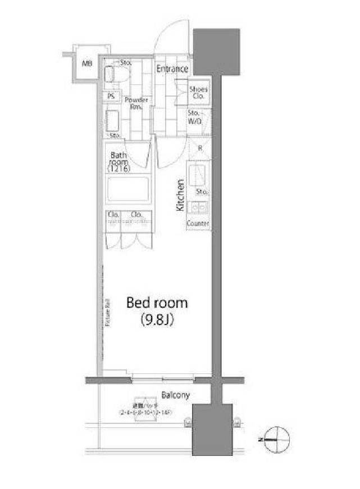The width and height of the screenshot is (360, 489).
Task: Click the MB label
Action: pyautogui.click(x=86, y=63)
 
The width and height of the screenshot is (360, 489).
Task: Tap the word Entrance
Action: pyautogui.click(x=172, y=69)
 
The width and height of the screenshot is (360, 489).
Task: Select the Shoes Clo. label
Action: pyautogui.click(x=198, y=93)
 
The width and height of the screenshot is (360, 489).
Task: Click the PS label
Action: pyautogui.click(x=111, y=97)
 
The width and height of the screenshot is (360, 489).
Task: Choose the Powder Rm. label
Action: pyautogui.click(x=136, y=103)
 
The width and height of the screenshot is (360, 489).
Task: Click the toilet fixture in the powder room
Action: pyautogui.click(x=116, y=74)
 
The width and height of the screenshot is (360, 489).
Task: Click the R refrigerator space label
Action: pyautogui.click(x=200, y=148)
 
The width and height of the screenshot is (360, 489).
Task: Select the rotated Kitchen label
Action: pyautogui.click(x=180, y=195)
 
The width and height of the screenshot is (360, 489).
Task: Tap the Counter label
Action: pyautogui.click(x=198, y=223)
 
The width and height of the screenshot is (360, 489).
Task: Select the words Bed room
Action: pyautogui.click(x=157, y=303)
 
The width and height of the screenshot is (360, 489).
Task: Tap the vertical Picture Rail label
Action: pyautogui.click(x=107, y=314)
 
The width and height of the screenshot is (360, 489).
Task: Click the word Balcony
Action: pyautogui.click(x=176, y=395)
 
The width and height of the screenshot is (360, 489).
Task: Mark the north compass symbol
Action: pyautogui.click(x=275, y=437)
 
